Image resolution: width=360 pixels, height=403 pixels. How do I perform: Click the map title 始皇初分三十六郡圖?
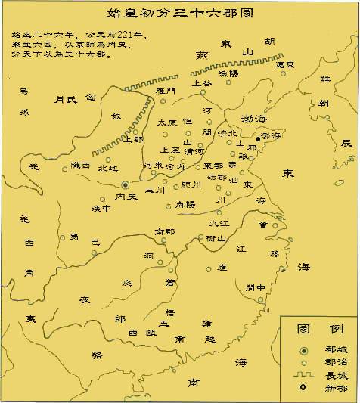[180, 13]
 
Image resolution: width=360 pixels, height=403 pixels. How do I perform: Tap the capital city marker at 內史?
[126, 184]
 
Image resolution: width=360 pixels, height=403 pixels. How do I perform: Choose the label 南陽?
[185, 204]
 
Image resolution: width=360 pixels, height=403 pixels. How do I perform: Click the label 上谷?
[202, 83]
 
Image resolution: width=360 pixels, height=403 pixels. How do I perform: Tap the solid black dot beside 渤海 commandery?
[257, 138]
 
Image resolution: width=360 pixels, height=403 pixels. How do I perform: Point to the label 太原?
[167, 122]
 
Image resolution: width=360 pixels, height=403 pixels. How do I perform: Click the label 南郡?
[164, 231]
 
